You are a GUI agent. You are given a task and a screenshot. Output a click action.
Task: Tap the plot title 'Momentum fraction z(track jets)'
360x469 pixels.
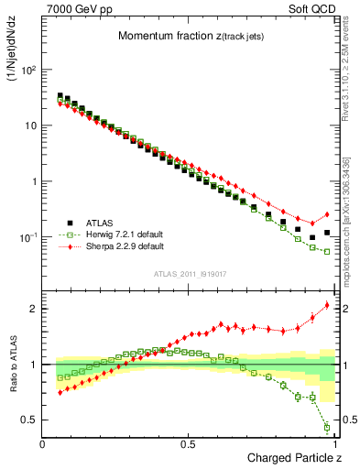click(190, 36)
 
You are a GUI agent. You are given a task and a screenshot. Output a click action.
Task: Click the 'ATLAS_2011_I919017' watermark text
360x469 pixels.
click(190, 274)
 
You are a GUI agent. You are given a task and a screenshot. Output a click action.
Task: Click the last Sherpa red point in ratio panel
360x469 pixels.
click(327, 305)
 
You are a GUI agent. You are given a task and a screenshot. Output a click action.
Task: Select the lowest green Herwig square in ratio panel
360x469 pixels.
click(327, 427)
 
